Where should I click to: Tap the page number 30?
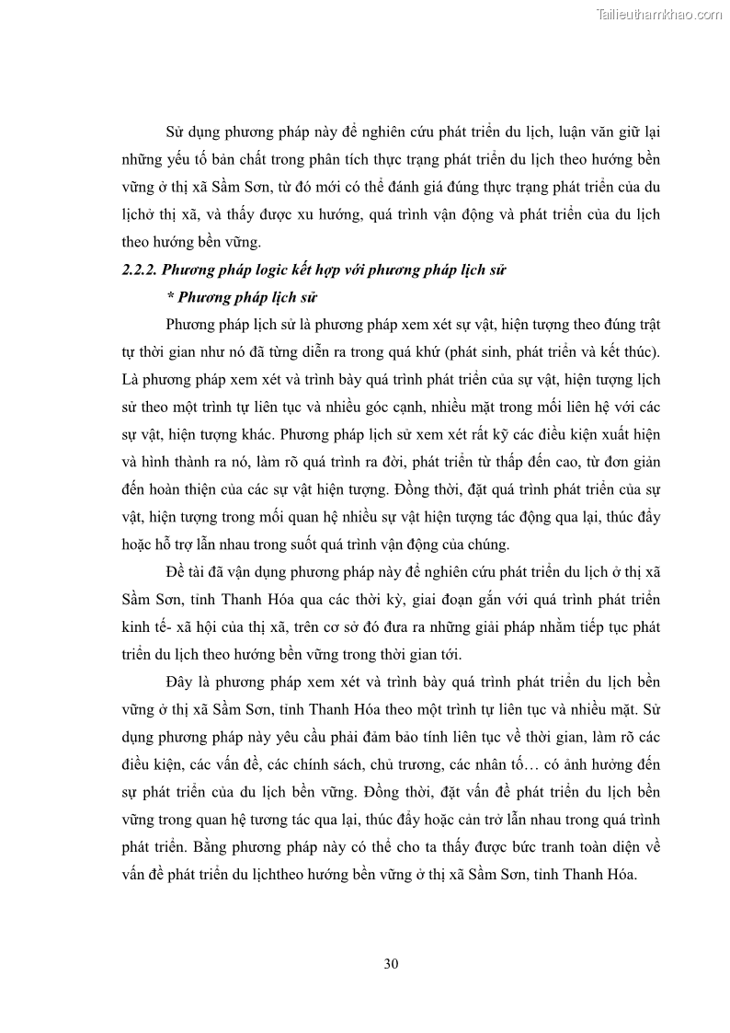pyautogui.click(x=390, y=963)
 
